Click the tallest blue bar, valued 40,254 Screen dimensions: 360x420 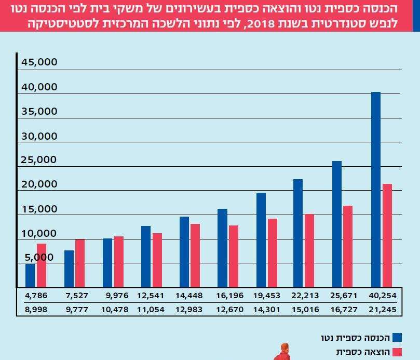[x=376, y=189]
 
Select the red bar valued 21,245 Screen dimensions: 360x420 [x=387, y=235]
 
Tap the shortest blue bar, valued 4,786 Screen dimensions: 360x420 [x=30, y=275]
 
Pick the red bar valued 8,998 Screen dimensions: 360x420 [x=42, y=265]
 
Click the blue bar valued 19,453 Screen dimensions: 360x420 [x=261, y=239]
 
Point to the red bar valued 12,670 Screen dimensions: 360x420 [x=234, y=256]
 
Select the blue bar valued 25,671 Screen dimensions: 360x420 [x=337, y=223]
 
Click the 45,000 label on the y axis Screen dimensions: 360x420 [x=39, y=63]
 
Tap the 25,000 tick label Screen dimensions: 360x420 [x=39, y=160]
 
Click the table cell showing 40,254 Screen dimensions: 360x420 [x=383, y=296]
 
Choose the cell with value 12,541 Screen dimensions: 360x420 [x=151, y=296]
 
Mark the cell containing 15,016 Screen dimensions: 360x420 [x=305, y=310]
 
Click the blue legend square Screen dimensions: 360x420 [x=398, y=338]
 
